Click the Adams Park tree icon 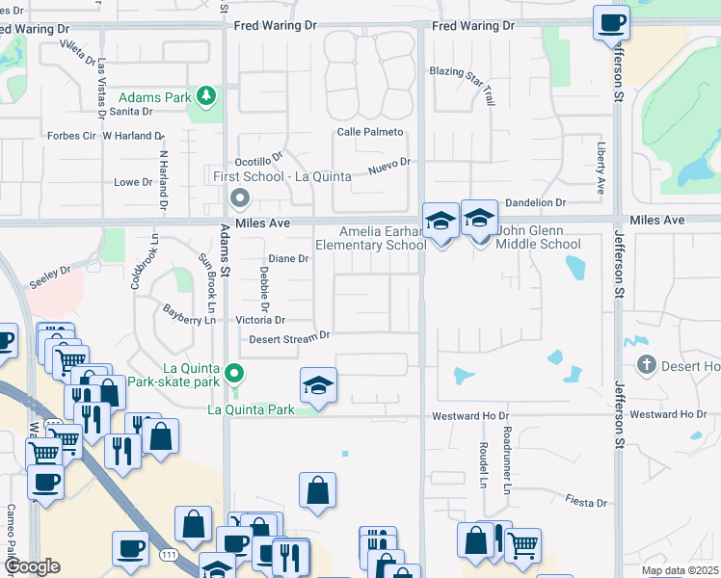click(205, 95)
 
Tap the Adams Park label click(153, 97)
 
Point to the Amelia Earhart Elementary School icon click(441, 223)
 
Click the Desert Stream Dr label click(289, 337)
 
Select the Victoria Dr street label click(260, 320)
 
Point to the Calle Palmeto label click(369, 132)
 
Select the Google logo click(31, 566)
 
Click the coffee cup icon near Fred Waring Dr click(610, 22)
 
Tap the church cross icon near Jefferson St click(647, 365)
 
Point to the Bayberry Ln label click(189, 313)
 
